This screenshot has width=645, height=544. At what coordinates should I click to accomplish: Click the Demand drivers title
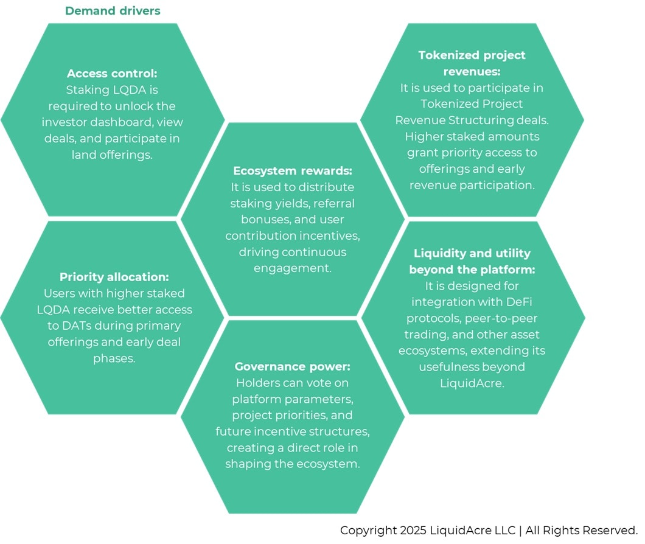pyautogui.click(x=113, y=11)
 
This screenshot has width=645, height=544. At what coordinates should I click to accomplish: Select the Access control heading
pyautogui.click(x=112, y=73)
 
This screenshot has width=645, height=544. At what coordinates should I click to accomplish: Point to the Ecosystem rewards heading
pyautogui.click(x=293, y=170)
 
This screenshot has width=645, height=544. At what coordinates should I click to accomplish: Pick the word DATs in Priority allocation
pyautogui.click(x=80, y=326)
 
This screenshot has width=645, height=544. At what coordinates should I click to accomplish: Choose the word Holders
pyautogui.click(x=255, y=383)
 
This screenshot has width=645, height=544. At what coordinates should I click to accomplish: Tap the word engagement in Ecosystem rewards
pyautogui.click(x=293, y=268)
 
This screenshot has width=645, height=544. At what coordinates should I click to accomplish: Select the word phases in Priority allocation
pyautogui.click(x=114, y=358)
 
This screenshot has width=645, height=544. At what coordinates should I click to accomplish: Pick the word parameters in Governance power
pyautogui.click(x=322, y=399)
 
